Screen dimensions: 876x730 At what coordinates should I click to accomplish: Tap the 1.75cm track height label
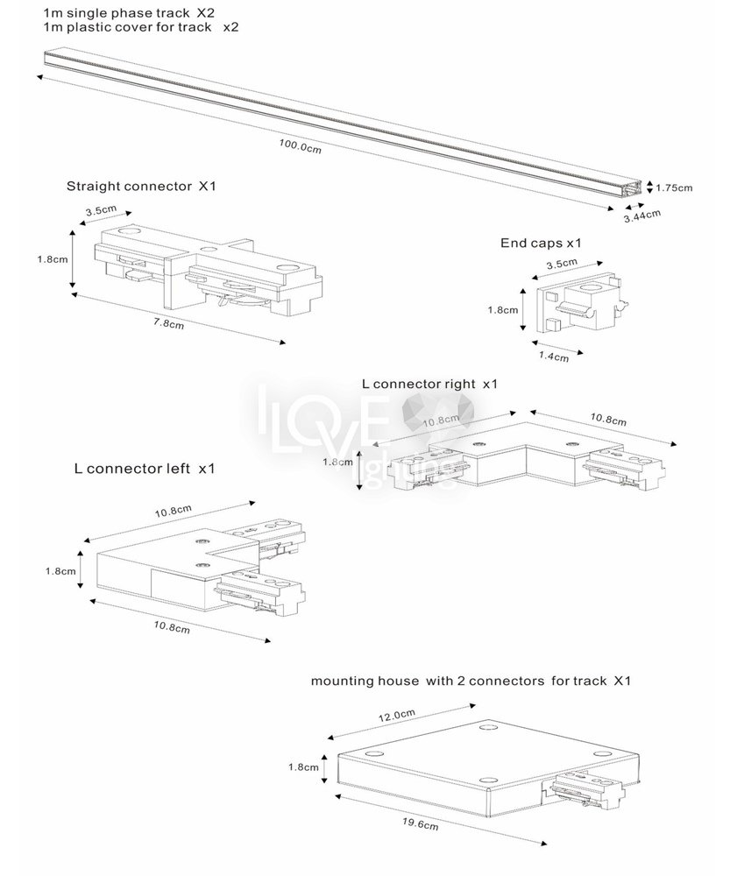(675, 187)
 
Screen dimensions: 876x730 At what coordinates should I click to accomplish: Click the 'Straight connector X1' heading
(141, 186)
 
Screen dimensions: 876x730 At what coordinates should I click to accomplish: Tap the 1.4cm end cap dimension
(554, 356)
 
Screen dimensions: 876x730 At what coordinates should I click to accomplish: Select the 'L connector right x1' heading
(429, 384)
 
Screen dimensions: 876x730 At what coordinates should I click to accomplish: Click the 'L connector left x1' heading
(145, 469)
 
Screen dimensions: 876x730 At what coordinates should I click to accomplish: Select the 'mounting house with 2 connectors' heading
(471, 680)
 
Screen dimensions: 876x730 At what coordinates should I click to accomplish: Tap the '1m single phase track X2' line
(129, 12)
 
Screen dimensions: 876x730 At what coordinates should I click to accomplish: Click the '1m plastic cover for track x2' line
(140, 27)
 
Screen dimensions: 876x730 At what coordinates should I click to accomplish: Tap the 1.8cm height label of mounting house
(303, 766)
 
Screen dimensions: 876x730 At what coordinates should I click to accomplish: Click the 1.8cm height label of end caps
(500, 308)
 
